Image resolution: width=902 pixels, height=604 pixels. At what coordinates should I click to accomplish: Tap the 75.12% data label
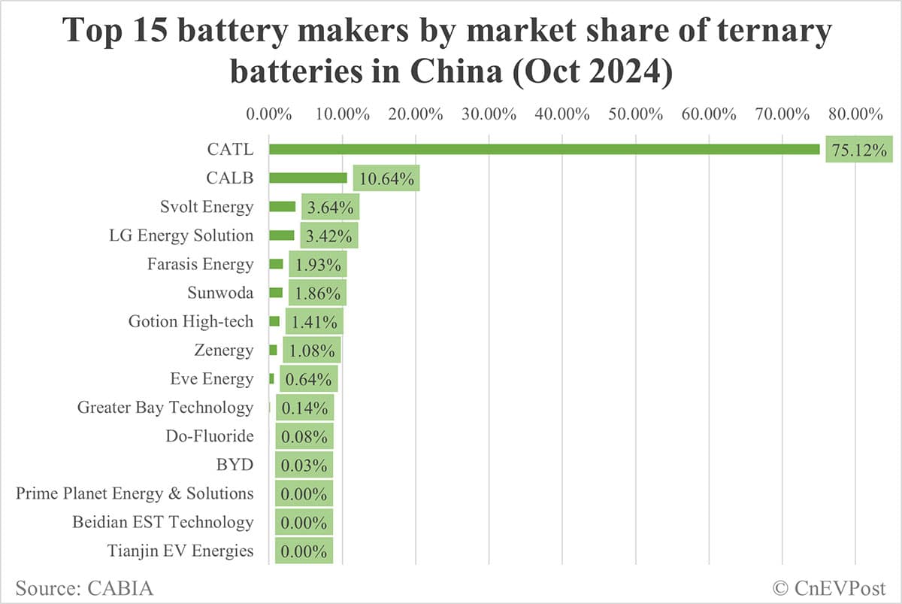coord(859,150)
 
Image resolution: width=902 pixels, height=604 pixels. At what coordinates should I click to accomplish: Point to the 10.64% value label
coord(386,179)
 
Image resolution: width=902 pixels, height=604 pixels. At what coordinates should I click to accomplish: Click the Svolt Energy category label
coord(207,207)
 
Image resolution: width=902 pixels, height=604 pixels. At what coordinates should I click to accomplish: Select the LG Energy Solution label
coord(181,235)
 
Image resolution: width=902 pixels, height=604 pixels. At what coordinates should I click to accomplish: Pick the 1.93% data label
coord(317,265)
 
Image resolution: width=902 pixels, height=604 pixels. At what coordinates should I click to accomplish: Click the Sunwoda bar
coord(276,293)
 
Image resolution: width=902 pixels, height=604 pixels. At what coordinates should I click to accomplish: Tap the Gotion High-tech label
coord(191,321)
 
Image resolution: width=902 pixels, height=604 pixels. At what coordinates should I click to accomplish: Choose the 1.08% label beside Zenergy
coord(311,351)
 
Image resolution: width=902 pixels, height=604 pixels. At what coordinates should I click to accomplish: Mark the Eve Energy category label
coord(212,379)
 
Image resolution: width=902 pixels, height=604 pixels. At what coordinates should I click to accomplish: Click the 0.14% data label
coord(304,408)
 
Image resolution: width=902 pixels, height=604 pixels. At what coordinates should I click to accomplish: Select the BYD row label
coord(235,465)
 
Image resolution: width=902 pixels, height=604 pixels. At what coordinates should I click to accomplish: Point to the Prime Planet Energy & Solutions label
coord(135,493)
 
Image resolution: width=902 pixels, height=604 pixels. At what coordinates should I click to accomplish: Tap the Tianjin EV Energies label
coord(180,551)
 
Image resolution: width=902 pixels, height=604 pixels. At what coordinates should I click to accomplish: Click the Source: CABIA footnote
coord(84,587)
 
